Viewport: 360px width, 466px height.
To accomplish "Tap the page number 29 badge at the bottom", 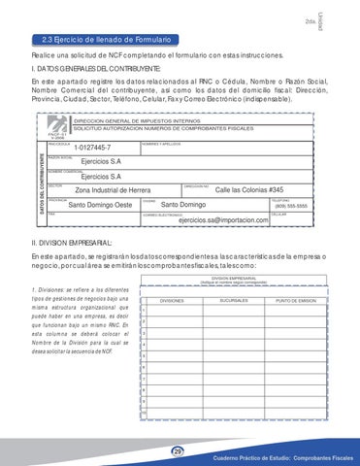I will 178,450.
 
